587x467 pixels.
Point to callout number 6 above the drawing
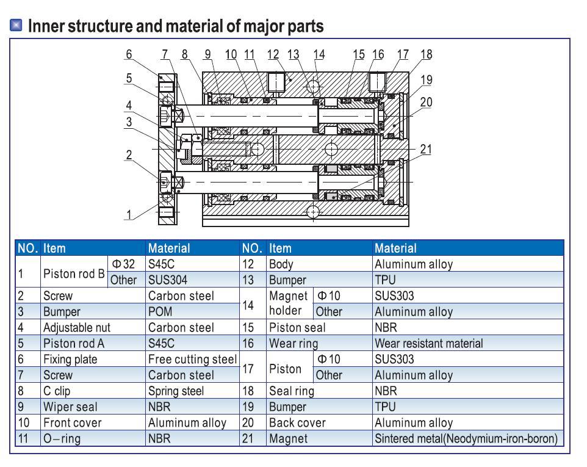[128, 54]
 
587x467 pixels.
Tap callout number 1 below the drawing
[128, 214]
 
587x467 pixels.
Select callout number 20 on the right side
[426, 103]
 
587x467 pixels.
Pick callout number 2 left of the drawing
[128, 154]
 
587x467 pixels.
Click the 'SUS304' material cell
[165, 280]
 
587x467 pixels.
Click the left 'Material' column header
[168, 248]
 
